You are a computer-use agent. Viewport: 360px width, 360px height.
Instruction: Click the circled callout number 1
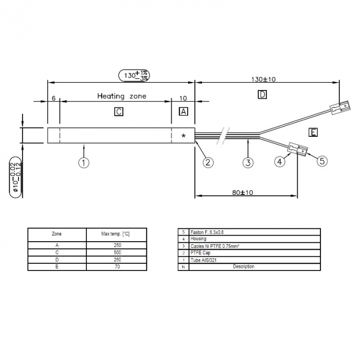tap(84, 163)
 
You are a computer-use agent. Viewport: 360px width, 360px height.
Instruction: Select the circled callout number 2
tap(208, 163)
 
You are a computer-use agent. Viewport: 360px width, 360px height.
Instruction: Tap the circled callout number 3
tap(248, 163)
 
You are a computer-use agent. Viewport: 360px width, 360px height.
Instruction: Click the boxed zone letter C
tap(119, 112)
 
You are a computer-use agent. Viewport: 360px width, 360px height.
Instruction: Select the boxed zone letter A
tap(184, 112)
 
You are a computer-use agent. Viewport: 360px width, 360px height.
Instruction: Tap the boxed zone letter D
tap(262, 95)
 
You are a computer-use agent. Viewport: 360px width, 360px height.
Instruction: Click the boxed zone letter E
tap(313, 132)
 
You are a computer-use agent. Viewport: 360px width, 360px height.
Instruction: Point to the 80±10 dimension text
tap(243, 192)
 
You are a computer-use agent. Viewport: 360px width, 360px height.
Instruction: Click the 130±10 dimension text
tap(264, 79)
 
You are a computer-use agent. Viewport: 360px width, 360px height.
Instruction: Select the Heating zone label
tap(122, 96)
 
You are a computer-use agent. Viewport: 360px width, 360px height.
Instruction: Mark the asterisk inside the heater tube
tap(183, 136)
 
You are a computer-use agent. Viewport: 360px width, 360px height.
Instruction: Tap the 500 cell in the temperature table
tap(117, 253)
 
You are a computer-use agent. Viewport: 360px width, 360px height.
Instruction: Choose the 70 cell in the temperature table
tap(117, 267)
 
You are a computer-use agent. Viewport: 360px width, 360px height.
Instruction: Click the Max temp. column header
tap(116, 234)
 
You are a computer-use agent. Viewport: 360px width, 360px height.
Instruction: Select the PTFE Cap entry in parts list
tap(201, 253)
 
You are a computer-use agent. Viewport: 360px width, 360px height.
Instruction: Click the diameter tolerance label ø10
tap(15, 178)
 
